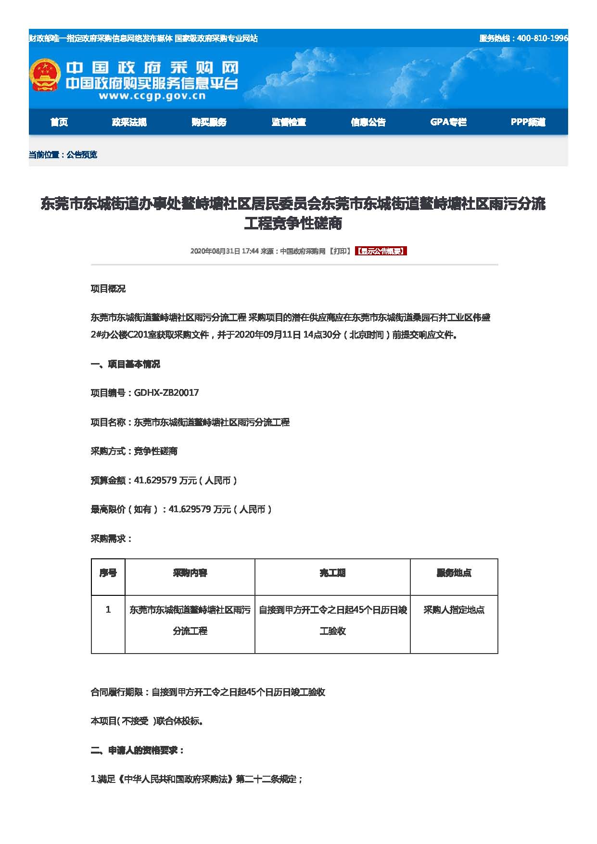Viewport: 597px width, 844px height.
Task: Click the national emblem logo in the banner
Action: (x=45, y=75)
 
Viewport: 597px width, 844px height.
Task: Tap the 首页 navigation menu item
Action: (x=59, y=122)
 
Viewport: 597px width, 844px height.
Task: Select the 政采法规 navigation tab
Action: (x=129, y=122)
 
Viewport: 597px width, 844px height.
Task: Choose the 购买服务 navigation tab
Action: (x=209, y=122)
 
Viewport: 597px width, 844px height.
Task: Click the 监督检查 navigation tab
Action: (x=289, y=122)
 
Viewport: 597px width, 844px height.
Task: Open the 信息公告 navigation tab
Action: (x=368, y=122)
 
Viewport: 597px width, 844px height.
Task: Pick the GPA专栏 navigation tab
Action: (x=448, y=122)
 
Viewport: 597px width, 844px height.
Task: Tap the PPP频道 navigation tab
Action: (x=528, y=122)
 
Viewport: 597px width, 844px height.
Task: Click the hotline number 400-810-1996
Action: (x=542, y=38)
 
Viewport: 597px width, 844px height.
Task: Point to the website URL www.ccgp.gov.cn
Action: (x=152, y=96)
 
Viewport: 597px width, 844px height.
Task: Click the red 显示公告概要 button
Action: (x=381, y=251)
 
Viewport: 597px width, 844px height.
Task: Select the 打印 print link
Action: (x=341, y=251)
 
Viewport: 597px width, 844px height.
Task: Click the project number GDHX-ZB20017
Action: (x=166, y=393)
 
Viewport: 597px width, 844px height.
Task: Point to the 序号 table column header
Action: (x=108, y=573)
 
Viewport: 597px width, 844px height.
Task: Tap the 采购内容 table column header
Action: (x=190, y=573)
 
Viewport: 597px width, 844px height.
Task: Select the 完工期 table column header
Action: (x=332, y=573)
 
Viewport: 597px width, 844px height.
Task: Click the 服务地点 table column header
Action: (x=454, y=573)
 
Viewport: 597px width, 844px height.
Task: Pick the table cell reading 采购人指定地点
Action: (x=454, y=610)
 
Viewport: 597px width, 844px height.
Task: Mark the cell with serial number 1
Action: (x=108, y=610)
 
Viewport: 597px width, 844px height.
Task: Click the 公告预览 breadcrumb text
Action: (x=82, y=155)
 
